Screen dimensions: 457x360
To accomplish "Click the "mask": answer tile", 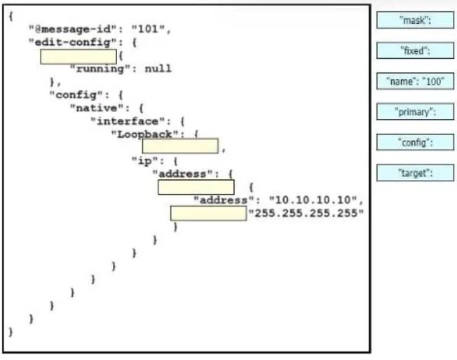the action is pos(415,20).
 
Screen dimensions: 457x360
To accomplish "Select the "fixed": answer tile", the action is pos(415,50).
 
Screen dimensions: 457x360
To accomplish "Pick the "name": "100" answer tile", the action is pos(415,81).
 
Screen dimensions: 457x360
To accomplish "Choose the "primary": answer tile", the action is pos(415,111).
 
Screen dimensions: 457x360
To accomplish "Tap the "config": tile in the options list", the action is pos(415,142).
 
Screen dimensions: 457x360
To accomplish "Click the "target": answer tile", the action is pos(415,173).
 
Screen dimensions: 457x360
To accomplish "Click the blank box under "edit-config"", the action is pos(79,57).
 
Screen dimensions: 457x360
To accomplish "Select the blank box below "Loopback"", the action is pos(180,146).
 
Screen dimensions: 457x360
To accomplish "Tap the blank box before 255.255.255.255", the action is pos(209,214).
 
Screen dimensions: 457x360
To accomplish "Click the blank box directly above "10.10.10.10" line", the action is pos(196,187).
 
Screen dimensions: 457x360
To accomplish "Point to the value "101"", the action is pos(149,29).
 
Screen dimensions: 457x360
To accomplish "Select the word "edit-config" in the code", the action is pos(73,43).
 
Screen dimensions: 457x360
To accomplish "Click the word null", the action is pos(158,69).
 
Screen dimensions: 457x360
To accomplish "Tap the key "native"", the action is pos(97,108).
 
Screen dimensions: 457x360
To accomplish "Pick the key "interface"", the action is pos(128,121).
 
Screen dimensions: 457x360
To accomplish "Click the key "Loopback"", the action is pos(145,134).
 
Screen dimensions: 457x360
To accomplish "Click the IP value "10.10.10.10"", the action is pos(313,200).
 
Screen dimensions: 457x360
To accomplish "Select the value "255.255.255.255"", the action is pos(306,213).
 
